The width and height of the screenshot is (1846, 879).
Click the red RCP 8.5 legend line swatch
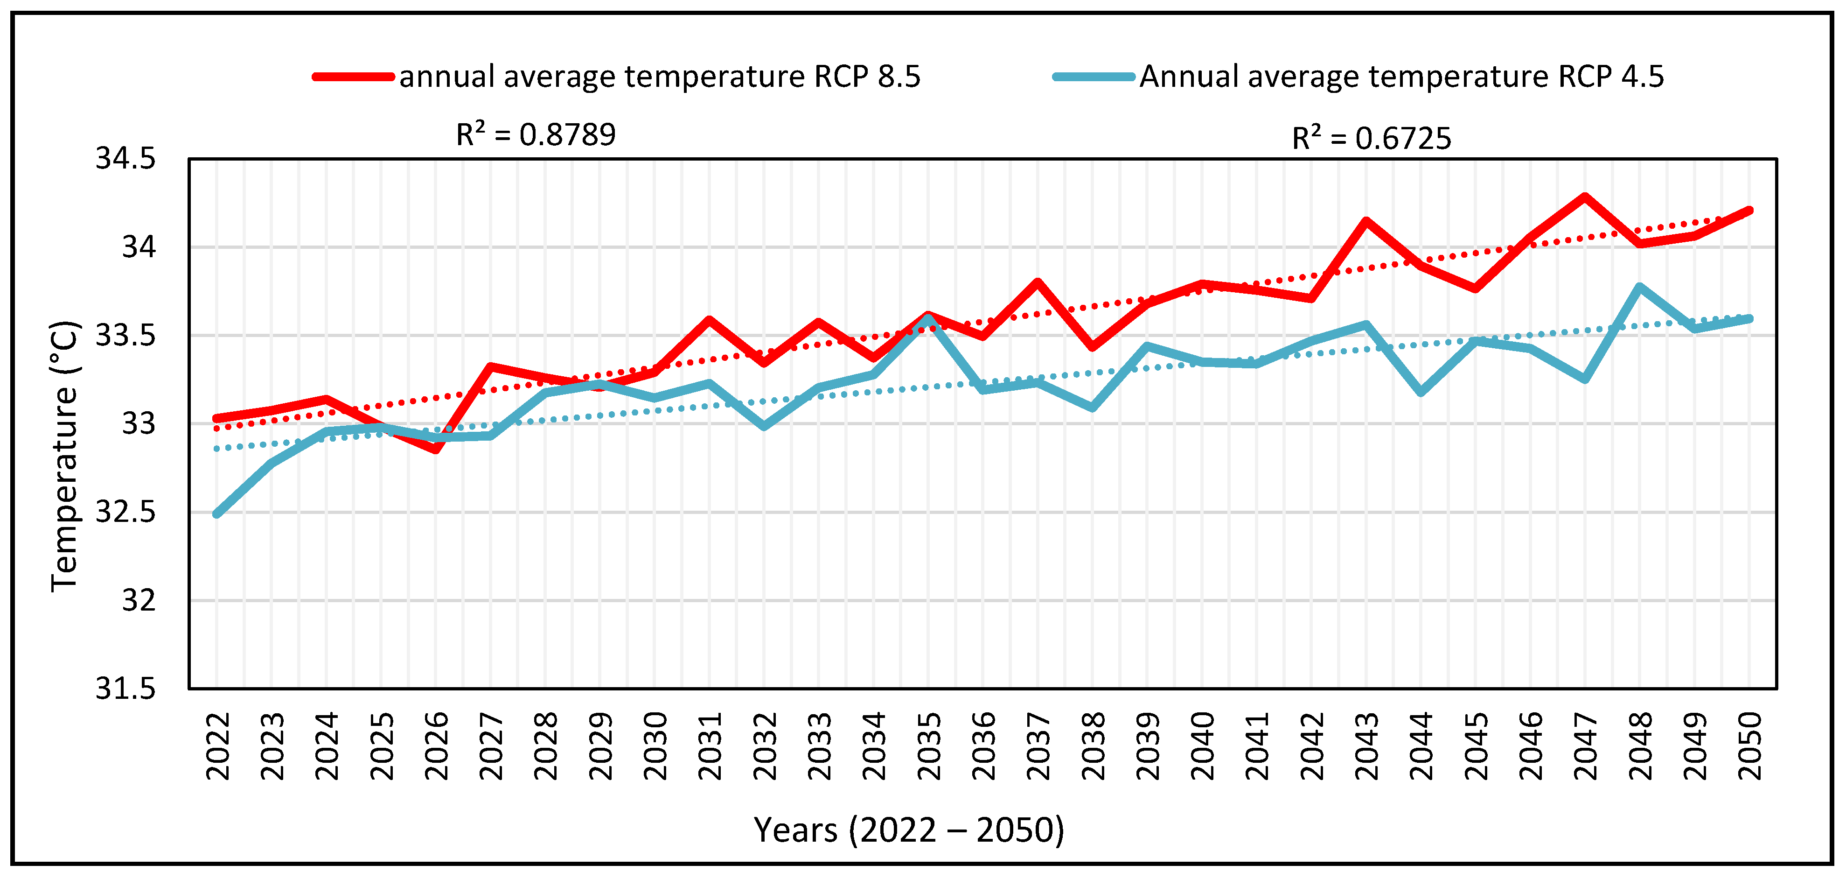353,77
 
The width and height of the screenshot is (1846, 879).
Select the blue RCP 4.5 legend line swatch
1094,77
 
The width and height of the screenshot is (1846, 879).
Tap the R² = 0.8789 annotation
536,134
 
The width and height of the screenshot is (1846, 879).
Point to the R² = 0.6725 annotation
1372,138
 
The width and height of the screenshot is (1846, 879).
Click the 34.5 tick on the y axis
125,158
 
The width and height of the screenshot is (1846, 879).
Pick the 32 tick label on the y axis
138,600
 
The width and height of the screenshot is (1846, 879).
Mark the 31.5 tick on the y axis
125,688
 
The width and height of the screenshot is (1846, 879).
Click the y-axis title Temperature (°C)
65,457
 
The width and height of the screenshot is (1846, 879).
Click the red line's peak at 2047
1585,197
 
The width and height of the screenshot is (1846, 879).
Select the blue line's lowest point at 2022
217,514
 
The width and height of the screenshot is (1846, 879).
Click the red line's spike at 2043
1366,221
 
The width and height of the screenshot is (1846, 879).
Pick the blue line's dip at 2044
1421,392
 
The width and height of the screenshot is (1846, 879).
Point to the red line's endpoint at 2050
1749,211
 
